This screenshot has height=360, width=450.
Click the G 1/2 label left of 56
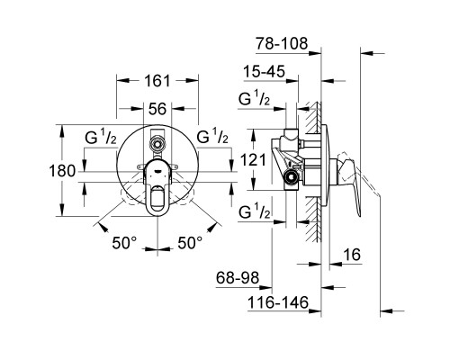(102, 139)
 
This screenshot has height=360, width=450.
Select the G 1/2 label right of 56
(212, 139)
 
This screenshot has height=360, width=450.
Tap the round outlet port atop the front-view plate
(157, 142)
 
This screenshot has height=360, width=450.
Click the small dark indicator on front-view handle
(157, 166)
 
